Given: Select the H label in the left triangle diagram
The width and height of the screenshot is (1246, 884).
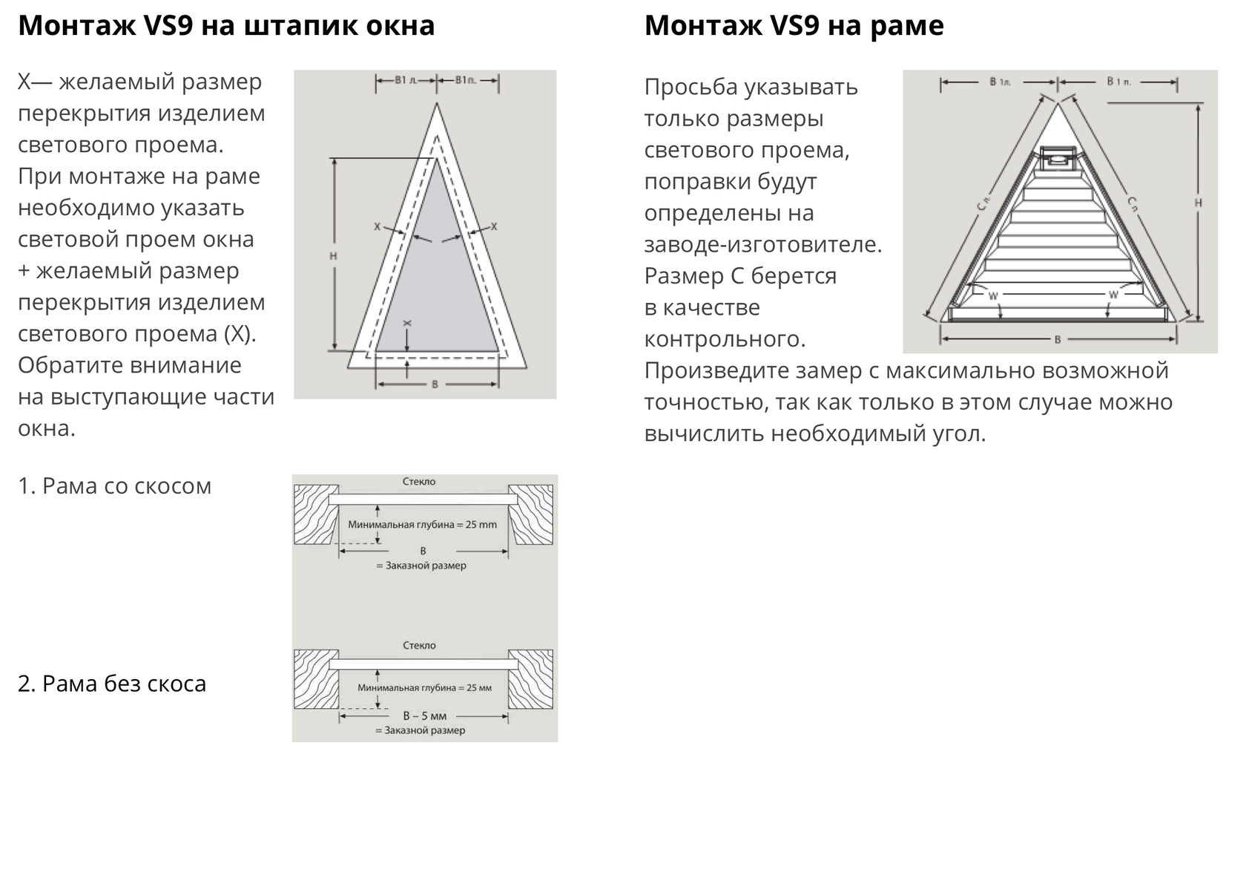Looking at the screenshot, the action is click(x=333, y=255).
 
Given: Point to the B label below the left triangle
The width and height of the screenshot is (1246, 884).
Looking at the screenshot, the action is click(x=435, y=384).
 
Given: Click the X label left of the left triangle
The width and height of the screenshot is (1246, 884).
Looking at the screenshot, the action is click(x=377, y=226).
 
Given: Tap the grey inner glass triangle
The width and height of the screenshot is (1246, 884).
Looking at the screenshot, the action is click(x=438, y=289).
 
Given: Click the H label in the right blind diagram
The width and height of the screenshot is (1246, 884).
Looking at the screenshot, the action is click(x=1198, y=203).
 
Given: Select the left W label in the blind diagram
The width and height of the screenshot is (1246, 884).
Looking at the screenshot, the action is click(x=992, y=295).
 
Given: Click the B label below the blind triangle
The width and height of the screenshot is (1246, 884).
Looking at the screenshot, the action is click(x=1057, y=340).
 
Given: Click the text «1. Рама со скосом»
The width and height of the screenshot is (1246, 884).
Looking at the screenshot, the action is click(x=115, y=486).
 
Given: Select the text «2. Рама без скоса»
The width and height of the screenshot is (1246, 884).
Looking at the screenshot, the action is click(x=112, y=684).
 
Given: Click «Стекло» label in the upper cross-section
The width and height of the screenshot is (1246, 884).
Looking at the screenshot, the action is click(x=420, y=482).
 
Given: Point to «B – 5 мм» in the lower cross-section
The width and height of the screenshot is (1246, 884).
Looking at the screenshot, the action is click(x=425, y=716).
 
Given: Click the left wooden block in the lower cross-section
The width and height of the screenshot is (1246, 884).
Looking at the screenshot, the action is click(x=316, y=679).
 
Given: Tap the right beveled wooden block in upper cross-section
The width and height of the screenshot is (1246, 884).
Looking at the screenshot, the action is click(x=533, y=514).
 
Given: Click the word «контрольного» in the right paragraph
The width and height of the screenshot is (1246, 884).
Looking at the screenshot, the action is click(x=724, y=339).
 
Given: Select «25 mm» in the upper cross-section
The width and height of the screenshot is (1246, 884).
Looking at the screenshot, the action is click(x=481, y=525).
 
